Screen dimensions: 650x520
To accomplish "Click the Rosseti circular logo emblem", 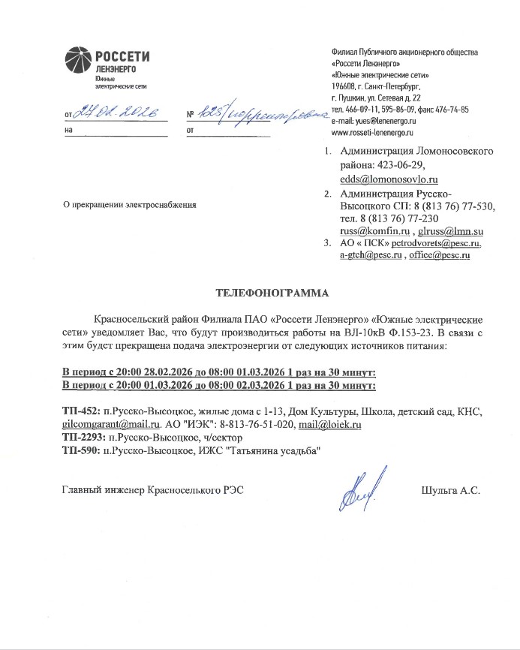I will [x=78, y=60].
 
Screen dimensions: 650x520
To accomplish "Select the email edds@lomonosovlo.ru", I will [x=389, y=179].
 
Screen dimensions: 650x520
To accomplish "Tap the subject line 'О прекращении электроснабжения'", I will [x=130, y=204].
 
